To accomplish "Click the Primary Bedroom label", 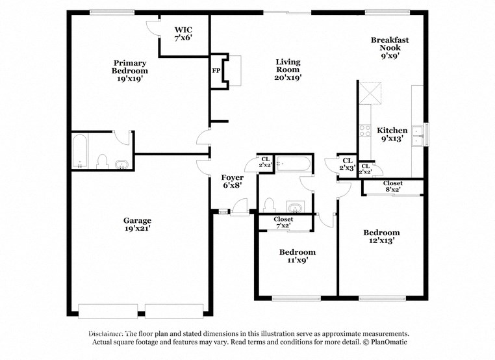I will pyautogui.click(x=129, y=70).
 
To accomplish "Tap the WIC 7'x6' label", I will pyautogui.click(x=183, y=34).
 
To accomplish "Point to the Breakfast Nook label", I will pyautogui.click(x=390, y=47).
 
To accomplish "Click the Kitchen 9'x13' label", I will pyautogui.click(x=392, y=134).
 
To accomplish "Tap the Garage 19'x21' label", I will pyautogui.click(x=137, y=224).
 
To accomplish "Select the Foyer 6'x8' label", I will pyautogui.click(x=232, y=181).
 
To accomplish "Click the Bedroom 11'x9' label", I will pyautogui.click(x=297, y=255).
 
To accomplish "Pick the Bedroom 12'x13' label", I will pyautogui.click(x=381, y=236).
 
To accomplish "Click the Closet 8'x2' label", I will pyautogui.click(x=392, y=186).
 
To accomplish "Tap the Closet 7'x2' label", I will pyautogui.click(x=283, y=222).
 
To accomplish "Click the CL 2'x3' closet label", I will pyautogui.click(x=347, y=164).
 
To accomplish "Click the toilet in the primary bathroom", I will pyautogui.click(x=101, y=161).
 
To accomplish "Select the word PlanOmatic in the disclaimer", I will pyautogui.click(x=388, y=342).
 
